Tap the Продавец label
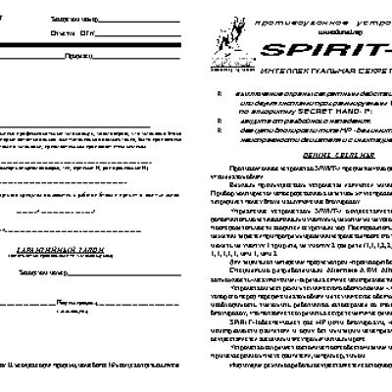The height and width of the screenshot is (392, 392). tap(83, 57)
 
